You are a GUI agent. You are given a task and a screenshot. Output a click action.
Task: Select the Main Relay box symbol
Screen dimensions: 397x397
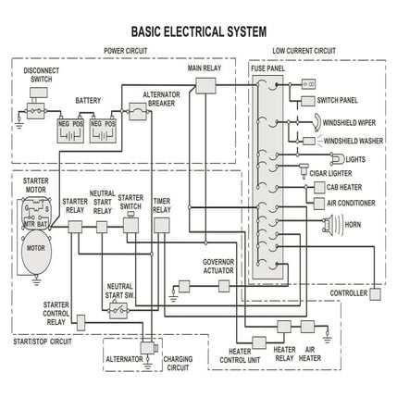(x=205, y=84)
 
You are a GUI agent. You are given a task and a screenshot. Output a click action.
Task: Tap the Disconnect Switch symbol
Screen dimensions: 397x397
(x=36, y=110)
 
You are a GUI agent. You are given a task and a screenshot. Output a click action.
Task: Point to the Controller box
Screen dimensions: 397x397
(x=375, y=294)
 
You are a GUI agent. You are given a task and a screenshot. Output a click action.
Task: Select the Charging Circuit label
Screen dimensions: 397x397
(x=177, y=363)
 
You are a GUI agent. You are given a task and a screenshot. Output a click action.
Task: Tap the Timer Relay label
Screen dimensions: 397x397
(x=162, y=206)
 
